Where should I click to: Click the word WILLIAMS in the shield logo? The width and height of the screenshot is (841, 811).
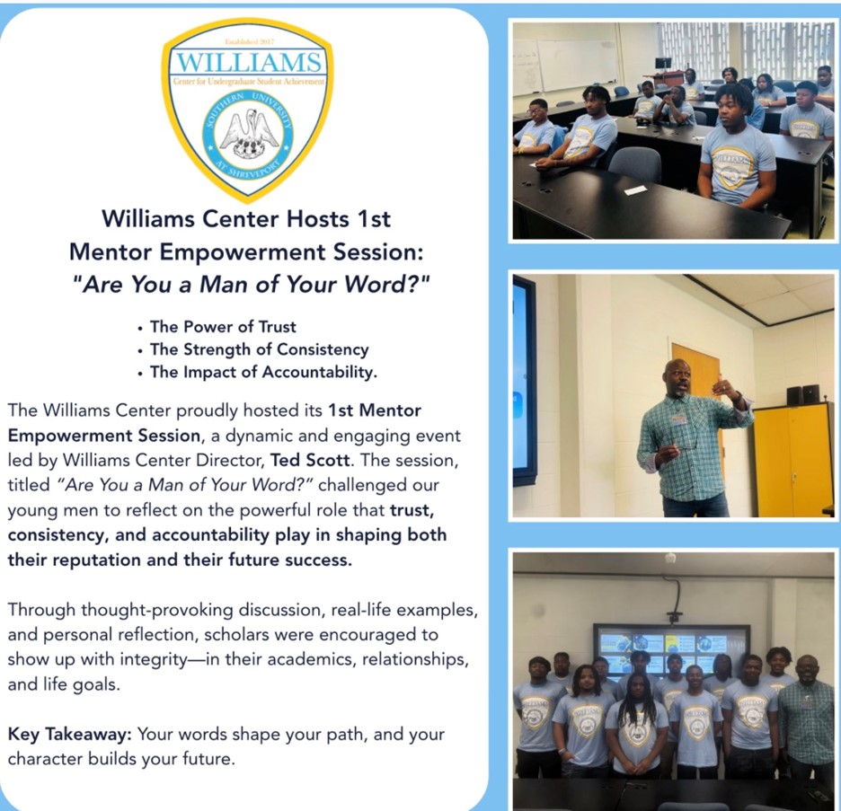248,62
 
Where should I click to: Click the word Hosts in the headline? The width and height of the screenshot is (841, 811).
317,219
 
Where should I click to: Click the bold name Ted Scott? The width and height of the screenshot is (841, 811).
310,460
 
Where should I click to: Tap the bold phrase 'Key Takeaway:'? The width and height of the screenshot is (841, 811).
70,735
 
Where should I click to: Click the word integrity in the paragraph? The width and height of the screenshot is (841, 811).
154,659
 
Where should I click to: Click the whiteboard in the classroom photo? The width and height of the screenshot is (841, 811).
577,65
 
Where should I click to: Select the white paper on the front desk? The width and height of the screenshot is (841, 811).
635,190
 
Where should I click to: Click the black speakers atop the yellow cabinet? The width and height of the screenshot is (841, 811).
802,395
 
